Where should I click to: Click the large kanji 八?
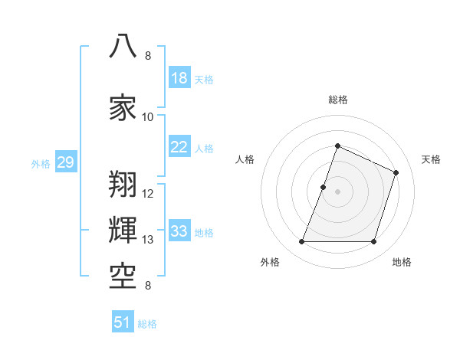(123, 46)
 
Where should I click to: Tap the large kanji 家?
(123, 107)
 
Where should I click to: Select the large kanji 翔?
(123, 184)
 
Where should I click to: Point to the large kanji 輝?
(123, 230)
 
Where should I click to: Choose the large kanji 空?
(123, 277)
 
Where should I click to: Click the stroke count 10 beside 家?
(147, 117)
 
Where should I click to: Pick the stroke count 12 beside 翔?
(147, 194)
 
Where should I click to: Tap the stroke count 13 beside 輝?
(147, 240)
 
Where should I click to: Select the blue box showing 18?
(179, 77)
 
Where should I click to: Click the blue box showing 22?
(179, 146)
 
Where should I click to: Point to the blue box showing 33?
(179, 230)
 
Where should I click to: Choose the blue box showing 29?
(66, 162)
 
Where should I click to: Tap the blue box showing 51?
(123, 321)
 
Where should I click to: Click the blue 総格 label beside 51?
(147, 324)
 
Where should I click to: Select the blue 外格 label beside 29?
(41, 164)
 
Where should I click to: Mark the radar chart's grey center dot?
(337, 191)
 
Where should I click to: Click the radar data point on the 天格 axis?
(396, 172)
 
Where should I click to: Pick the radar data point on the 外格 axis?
(301, 241)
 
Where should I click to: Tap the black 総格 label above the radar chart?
(338, 100)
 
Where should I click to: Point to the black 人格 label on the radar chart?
(245, 159)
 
